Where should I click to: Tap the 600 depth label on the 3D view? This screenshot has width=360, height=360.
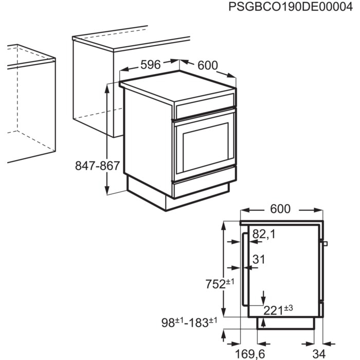tap(207, 65)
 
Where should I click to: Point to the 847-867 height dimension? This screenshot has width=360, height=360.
tap(97, 166)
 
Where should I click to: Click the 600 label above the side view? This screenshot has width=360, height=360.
tap(280, 209)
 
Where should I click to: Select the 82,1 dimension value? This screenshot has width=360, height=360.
tap(264, 235)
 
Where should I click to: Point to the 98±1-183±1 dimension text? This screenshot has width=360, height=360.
tap(189, 323)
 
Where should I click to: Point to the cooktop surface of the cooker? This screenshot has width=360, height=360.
tap(177, 92)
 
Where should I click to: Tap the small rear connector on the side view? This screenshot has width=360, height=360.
tap(325, 243)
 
